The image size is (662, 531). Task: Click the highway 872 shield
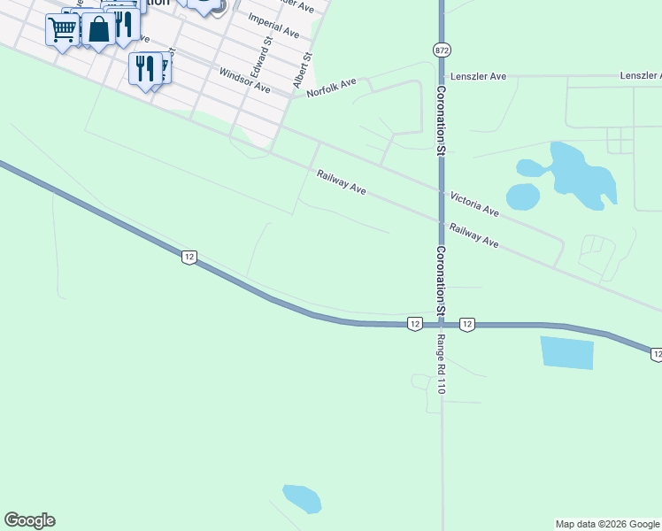pyautogui.click(x=441, y=50)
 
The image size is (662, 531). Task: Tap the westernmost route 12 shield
pyautogui.click(x=189, y=257)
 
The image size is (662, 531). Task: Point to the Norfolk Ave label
pyautogui.click(x=331, y=87)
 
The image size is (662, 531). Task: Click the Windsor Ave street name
pyautogui.click(x=244, y=81)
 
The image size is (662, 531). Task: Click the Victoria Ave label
pyautogui.click(x=474, y=204)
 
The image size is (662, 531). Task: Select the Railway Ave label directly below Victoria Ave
pyautogui.click(x=474, y=235)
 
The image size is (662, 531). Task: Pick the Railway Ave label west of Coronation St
pyautogui.click(x=342, y=182)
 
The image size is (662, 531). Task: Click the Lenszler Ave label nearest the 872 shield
pyautogui.click(x=478, y=77)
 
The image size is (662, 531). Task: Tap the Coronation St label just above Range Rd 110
pyautogui.click(x=441, y=279)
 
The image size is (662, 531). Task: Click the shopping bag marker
pyautogui.click(x=99, y=29)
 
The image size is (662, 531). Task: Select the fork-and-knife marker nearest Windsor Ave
pyautogui.click(x=143, y=67)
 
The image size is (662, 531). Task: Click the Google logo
pyautogui.click(x=29, y=520)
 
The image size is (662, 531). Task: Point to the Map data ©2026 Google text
pyautogui.click(x=607, y=524)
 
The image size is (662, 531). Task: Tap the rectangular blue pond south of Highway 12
pyautogui.click(x=566, y=353)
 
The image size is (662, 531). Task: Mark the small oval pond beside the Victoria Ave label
pyautogui.click(x=523, y=196)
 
